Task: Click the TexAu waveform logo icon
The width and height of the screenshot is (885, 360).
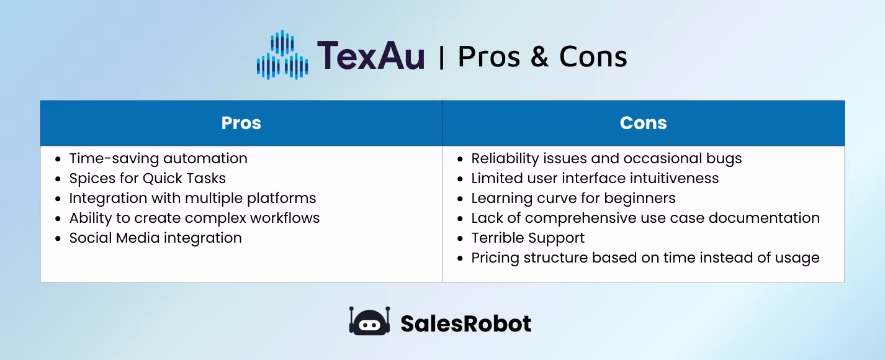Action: (282, 56)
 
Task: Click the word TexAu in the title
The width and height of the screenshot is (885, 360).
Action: (371, 56)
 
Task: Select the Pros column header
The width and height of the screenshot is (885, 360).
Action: (241, 123)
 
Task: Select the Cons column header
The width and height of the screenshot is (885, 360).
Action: (643, 123)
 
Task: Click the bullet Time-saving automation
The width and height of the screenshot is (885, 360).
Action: (158, 158)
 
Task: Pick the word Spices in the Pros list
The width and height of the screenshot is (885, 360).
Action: (89, 178)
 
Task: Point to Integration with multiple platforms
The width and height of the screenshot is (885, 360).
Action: (192, 198)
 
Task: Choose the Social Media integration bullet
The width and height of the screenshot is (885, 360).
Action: (155, 238)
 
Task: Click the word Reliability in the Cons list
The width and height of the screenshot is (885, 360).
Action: (501, 158)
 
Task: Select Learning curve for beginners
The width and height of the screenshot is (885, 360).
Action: (573, 198)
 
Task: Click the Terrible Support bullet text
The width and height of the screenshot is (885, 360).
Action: (528, 238)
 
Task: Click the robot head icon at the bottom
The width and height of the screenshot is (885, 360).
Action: (369, 322)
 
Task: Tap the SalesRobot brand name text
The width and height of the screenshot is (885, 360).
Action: (465, 323)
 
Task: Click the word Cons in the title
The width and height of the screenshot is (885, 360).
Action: (593, 57)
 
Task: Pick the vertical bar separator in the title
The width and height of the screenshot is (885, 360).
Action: (441, 57)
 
